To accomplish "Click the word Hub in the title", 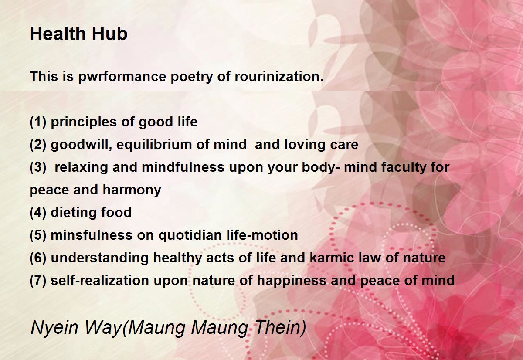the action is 109,34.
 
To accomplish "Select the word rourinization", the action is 279,76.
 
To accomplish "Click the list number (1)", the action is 38,122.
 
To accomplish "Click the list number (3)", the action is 38,167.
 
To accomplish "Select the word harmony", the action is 132,190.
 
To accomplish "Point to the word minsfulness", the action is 92,235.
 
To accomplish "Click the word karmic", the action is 332,258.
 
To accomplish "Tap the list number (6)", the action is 38,258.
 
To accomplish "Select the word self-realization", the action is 100,280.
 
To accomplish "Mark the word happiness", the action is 292,281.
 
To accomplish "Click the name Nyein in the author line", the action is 54,328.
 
